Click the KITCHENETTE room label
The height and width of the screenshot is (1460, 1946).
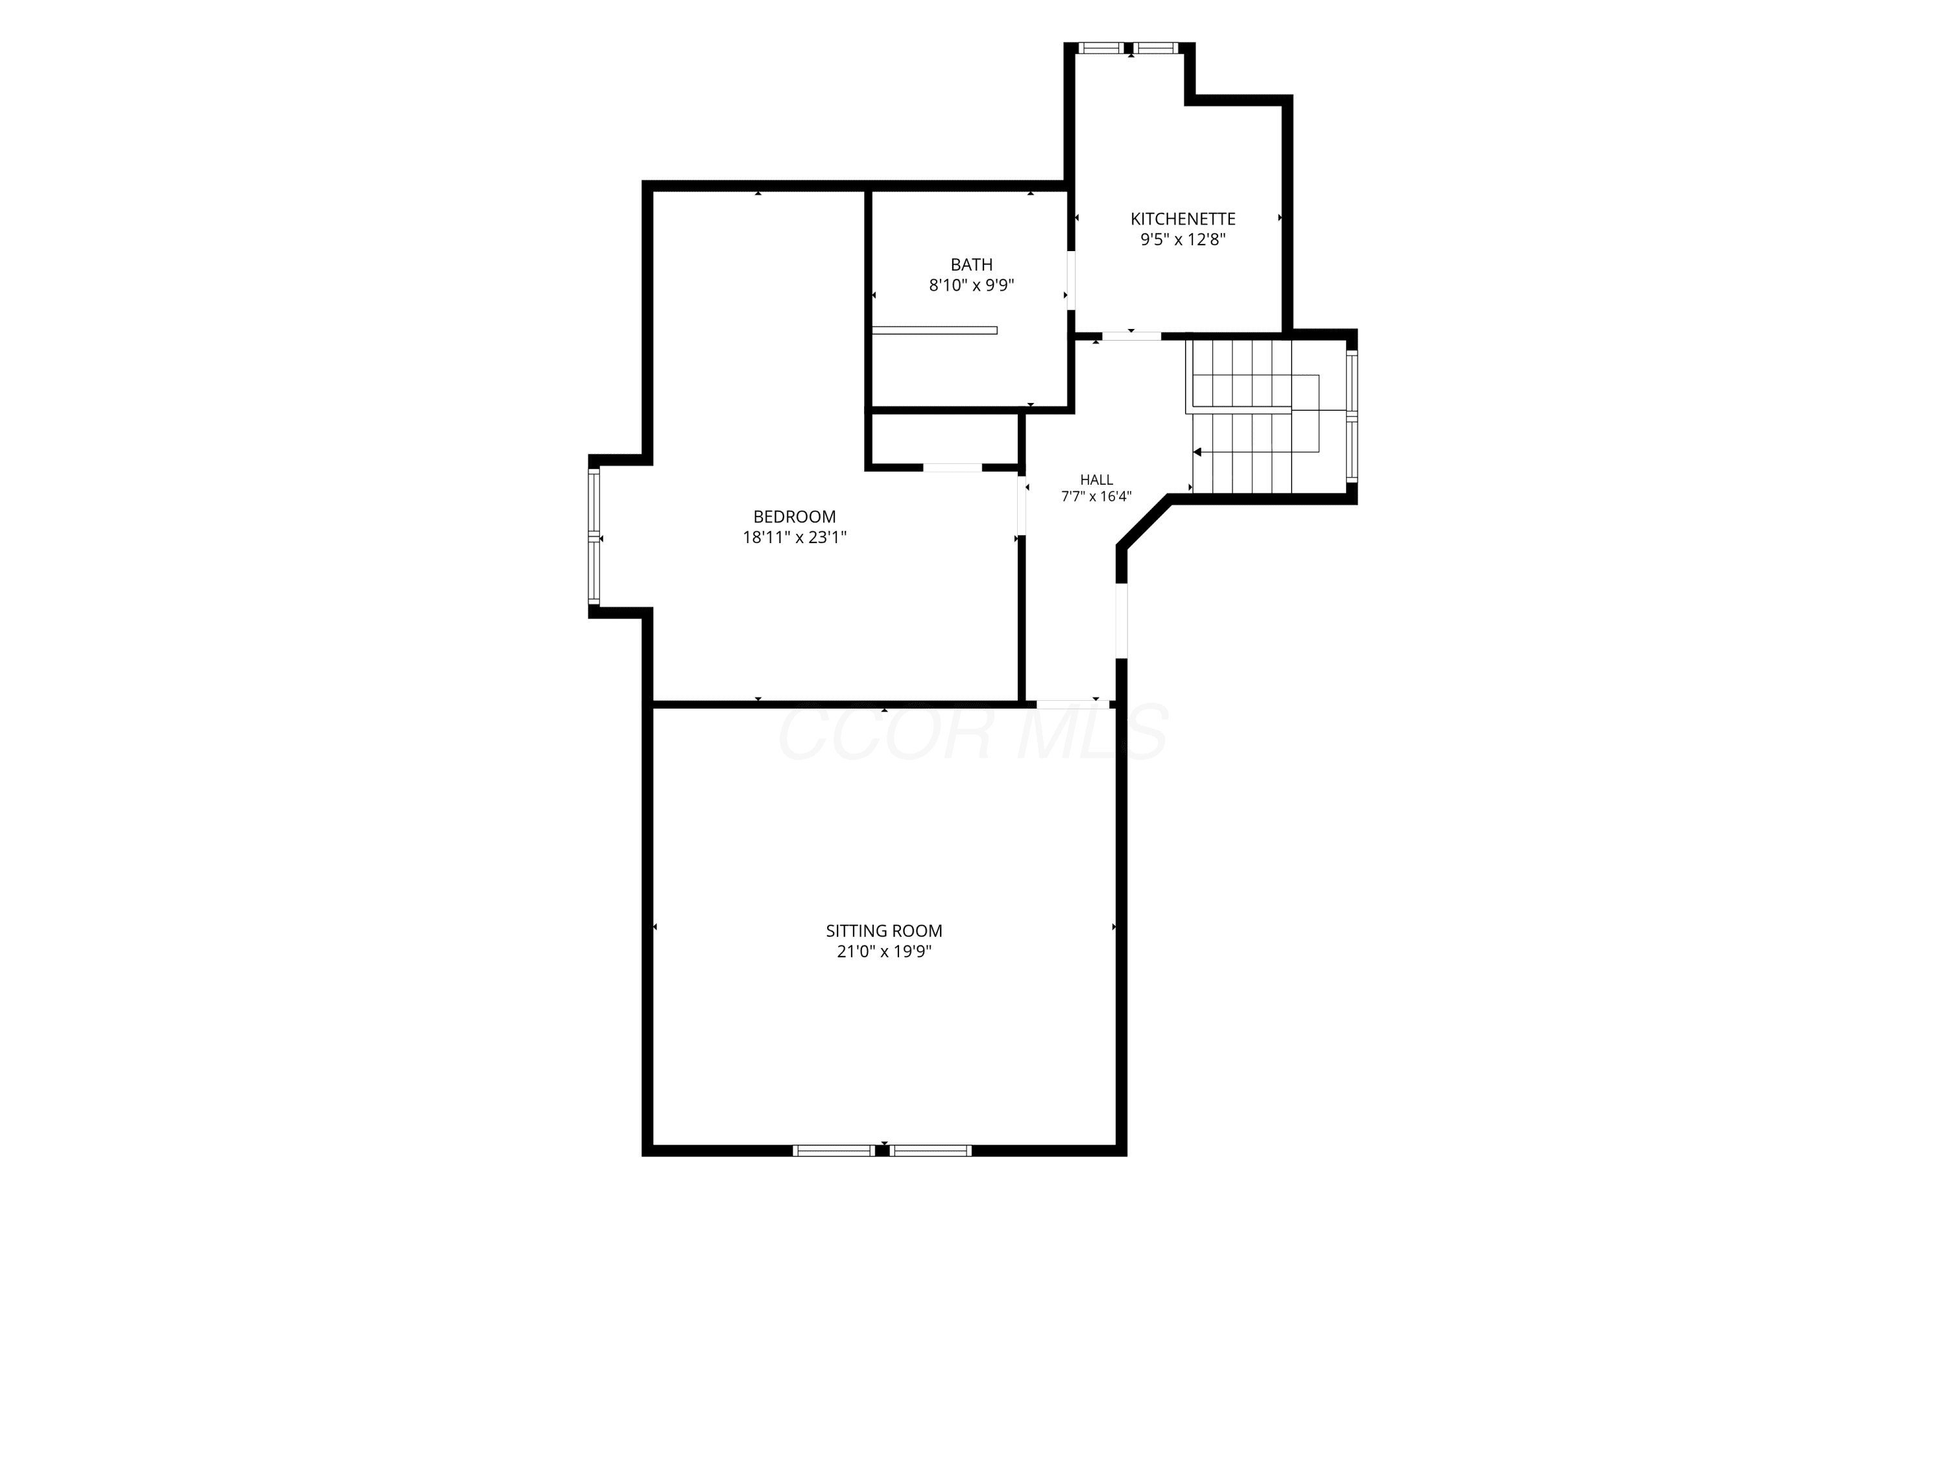click(x=1183, y=218)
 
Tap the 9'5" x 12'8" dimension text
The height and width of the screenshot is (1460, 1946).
click(x=1183, y=239)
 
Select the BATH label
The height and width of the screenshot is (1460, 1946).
click(x=971, y=264)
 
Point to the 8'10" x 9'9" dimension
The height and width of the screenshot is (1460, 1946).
click(x=971, y=285)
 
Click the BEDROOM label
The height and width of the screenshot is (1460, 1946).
click(x=795, y=517)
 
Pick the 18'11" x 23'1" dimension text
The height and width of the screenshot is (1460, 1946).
click(x=795, y=537)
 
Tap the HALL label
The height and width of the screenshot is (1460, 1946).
click(x=1096, y=480)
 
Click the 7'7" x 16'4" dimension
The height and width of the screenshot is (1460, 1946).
click(x=1096, y=496)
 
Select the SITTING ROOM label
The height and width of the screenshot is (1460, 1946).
click(x=884, y=931)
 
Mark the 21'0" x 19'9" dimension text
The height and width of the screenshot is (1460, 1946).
click(x=884, y=951)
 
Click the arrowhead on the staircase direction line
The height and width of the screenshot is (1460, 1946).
click(x=1197, y=452)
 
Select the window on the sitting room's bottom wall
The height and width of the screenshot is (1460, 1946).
click(x=882, y=1150)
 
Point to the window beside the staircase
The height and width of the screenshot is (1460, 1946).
click(x=1352, y=417)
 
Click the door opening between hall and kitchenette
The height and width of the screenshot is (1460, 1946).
click(x=1131, y=335)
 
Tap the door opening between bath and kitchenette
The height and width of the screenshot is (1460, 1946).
click(x=1071, y=281)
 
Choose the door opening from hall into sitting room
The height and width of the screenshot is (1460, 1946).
click(x=1072, y=704)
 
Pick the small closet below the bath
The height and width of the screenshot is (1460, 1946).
click(x=944, y=438)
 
